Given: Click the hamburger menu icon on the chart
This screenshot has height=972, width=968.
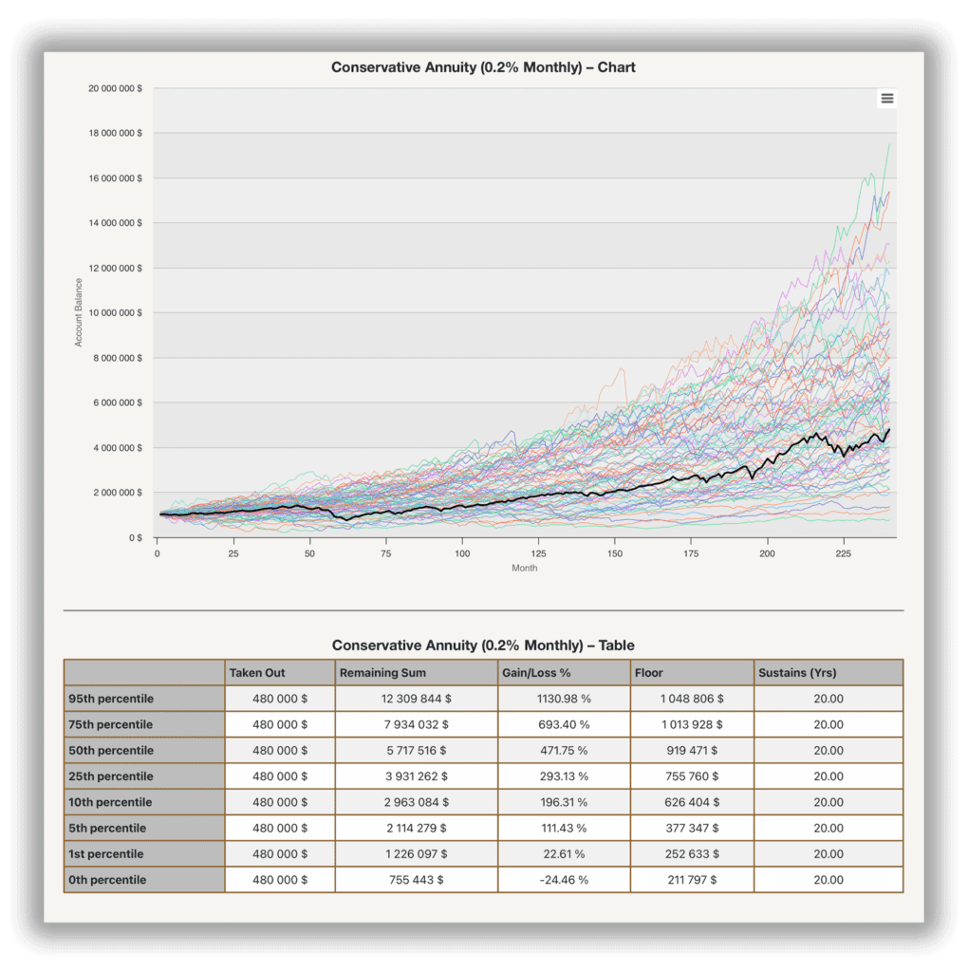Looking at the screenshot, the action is point(886,98).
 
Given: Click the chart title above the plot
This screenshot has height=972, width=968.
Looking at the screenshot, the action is point(483,67).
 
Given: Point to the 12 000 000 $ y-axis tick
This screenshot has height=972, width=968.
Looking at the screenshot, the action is point(115,268).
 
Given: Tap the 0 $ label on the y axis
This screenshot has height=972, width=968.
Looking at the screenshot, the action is point(136,537).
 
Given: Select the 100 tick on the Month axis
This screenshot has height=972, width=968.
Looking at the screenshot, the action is point(462,553).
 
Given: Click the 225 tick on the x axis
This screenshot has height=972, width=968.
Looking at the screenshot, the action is point(844,553).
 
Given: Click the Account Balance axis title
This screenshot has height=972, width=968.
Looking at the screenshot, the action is point(79,312).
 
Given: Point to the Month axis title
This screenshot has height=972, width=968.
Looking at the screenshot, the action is point(524,568).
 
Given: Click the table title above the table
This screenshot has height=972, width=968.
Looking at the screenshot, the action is point(483,645).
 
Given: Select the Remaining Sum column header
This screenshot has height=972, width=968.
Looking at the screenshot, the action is point(382,673).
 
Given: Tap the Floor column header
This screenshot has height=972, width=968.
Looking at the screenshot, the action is point(648,673).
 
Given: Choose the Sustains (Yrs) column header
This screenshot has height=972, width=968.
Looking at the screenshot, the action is point(797,673).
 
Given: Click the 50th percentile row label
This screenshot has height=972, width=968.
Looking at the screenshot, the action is point(111,750).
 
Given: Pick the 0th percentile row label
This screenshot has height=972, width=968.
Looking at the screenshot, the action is point(107,880).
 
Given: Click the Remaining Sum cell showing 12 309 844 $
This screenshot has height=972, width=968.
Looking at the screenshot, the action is point(416,699).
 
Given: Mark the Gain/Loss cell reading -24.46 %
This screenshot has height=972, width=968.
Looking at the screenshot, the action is point(564,880).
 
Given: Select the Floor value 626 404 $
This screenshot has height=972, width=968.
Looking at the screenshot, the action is point(692,802).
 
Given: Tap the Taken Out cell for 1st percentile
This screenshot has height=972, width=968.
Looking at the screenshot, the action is point(280,853).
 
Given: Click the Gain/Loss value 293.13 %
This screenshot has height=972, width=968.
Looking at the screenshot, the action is point(564,776).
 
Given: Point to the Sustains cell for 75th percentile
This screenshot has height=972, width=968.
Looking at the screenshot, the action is point(828,724).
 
